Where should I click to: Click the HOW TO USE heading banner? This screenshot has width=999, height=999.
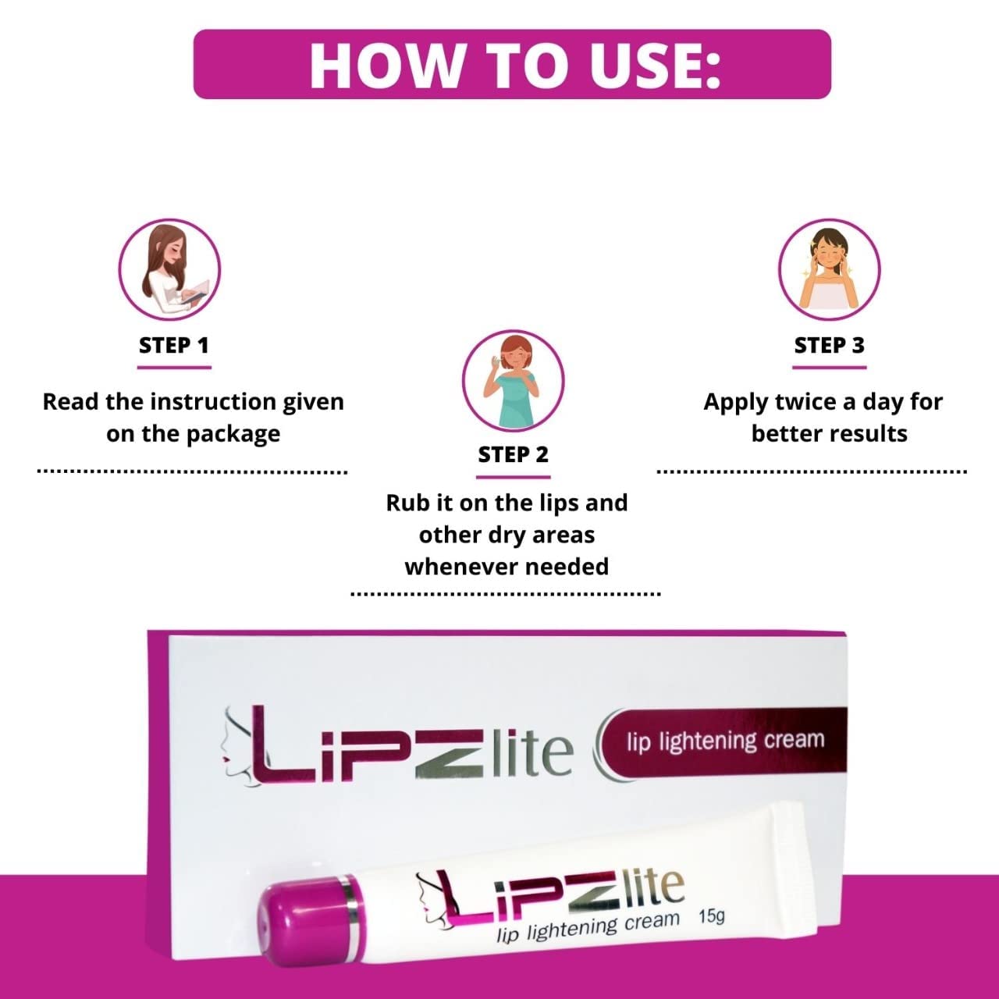pyautogui.click(x=512, y=64)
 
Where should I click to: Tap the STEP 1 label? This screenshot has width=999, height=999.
pyautogui.click(x=174, y=345)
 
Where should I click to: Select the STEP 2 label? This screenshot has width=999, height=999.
pyautogui.click(x=514, y=454)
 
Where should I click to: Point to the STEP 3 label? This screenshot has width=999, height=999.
pyautogui.click(x=829, y=345)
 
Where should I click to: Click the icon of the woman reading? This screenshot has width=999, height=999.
pyautogui.click(x=169, y=269)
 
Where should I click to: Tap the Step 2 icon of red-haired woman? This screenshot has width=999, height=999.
pyautogui.click(x=513, y=380)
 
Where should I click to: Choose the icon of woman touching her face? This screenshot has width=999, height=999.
pyautogui.click(x=829, y=269)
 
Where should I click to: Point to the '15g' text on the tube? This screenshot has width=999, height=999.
pyautogui.click(x=711, y=915)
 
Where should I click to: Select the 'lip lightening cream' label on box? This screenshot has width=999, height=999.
pyautogui.click(x=725, y=740)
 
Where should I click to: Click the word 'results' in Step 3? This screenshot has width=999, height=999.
pyautogui.click(x=869, y=434)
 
